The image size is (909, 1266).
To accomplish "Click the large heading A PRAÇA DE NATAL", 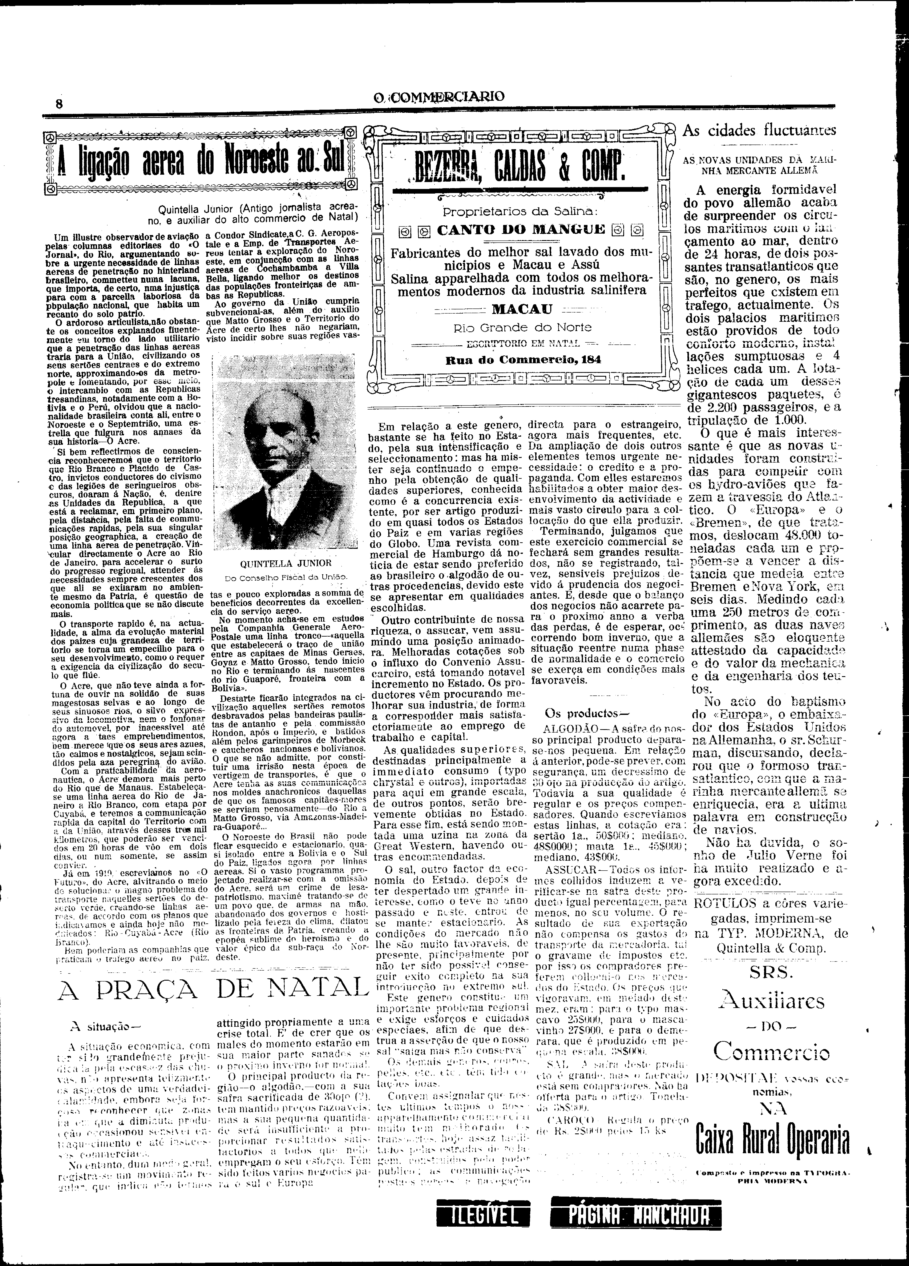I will [x=214, y=990].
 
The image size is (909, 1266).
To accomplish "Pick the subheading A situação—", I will [x=104, y=1025].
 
